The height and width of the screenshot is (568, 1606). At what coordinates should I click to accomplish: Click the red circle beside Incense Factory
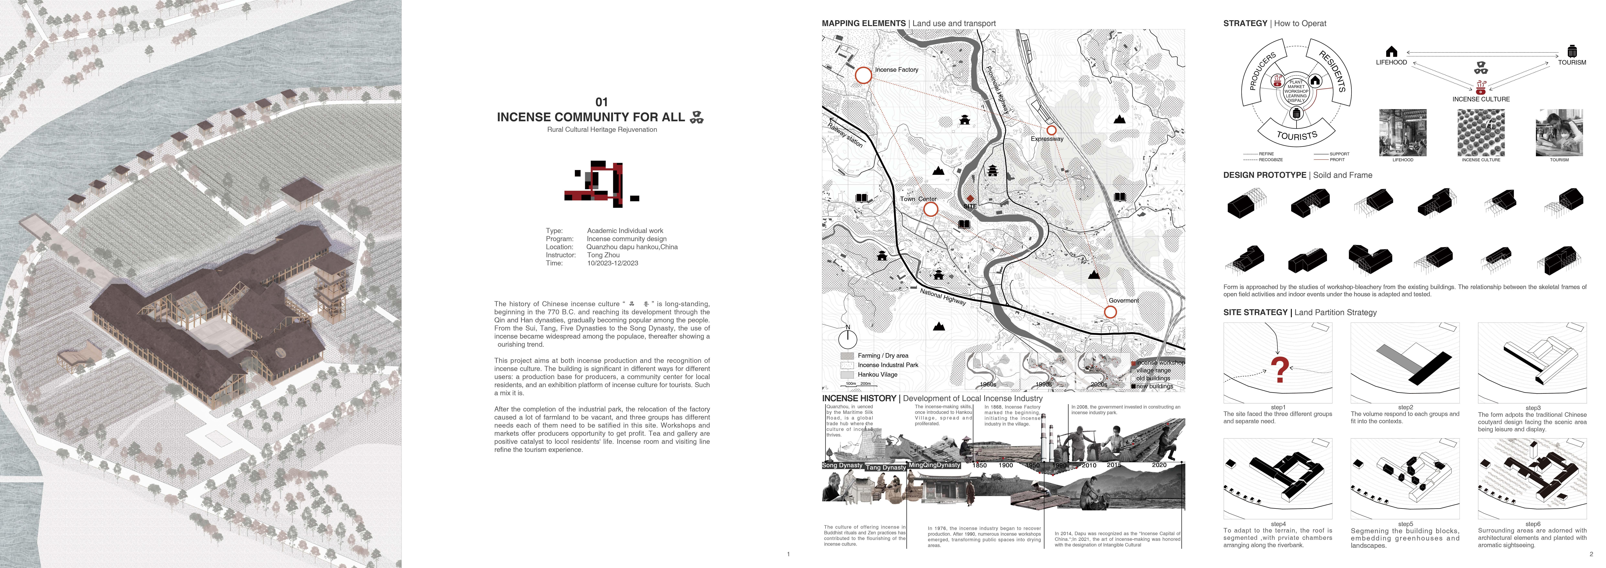coord(863,75)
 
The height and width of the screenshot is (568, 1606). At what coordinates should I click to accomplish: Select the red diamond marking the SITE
coord(970,198)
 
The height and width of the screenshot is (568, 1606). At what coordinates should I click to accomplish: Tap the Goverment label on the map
coord(1123,301)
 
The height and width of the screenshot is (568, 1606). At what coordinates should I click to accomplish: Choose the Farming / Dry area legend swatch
coord(847,355)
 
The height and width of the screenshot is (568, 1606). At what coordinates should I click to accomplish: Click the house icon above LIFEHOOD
coord(1391,51)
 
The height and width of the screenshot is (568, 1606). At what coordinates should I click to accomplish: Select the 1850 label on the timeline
coord(979,465)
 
